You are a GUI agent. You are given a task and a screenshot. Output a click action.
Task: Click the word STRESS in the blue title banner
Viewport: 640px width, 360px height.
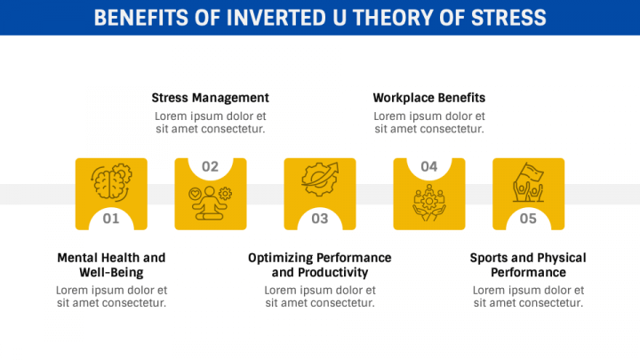click(508, 18)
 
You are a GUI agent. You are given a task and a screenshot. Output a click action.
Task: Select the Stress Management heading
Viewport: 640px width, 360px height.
click(210, 98)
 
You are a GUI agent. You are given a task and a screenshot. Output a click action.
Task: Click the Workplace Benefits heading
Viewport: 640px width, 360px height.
click(429, 98)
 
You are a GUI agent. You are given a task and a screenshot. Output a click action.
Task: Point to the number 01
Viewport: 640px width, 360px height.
click(111, 219)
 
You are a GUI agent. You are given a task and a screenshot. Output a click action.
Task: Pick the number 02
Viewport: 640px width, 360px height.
click(210, 166)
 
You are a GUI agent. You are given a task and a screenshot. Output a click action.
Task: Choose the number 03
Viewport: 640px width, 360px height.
click(320, 219)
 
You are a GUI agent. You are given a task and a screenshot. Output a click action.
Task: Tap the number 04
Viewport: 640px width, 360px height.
click(429, 166)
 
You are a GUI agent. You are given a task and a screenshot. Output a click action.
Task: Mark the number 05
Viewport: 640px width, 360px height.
click(528, 219)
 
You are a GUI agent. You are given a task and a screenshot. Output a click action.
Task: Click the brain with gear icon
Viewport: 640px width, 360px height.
click(111, 182)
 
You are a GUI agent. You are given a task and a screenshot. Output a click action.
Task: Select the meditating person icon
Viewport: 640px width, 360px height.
click(210, 203)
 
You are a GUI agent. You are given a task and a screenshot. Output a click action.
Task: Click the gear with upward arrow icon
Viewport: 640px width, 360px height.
click(320, 180)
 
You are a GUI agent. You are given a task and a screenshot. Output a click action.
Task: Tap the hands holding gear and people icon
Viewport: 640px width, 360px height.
click(429, 203)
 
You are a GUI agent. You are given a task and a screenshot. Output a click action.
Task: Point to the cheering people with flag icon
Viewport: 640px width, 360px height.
click(529, 182)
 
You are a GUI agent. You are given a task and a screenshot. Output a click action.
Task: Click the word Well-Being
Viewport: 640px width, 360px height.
click(111, 272)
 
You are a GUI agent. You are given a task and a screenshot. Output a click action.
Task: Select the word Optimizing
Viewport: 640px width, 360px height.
click(279, 258)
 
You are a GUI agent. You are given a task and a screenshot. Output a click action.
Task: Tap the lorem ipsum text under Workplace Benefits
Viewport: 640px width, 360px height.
click(429, 123)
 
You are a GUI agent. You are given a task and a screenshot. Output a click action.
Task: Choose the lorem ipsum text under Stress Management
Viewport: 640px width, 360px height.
click(210, 123)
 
